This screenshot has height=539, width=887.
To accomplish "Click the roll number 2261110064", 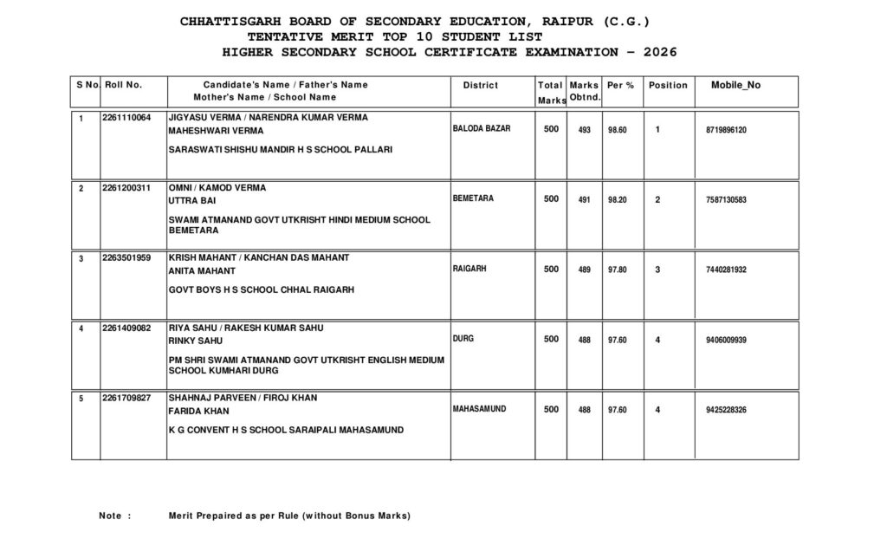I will [126, 117].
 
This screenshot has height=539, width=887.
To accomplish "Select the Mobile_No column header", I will [735, 85].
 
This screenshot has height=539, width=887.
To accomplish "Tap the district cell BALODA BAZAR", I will [482, 128].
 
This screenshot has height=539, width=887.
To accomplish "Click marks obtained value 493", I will [585, 130].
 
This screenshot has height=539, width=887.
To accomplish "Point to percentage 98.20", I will [618, 200].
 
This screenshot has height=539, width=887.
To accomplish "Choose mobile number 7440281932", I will [726, 270].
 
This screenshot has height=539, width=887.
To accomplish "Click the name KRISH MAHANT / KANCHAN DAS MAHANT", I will [259, 257].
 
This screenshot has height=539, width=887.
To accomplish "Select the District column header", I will [481, 85].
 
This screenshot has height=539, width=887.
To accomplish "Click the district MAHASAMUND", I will [480, 408].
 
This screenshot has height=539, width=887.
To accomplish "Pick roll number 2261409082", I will [126, 328].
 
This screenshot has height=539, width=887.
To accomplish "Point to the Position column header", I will [668, 85].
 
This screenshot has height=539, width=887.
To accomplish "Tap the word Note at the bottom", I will [110, 516].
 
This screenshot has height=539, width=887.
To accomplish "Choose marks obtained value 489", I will [585, 270].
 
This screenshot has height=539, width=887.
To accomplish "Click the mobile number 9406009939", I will [726, 341].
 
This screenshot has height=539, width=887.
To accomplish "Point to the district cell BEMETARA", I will [473, 198].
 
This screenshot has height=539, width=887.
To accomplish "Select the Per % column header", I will [620, 85].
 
